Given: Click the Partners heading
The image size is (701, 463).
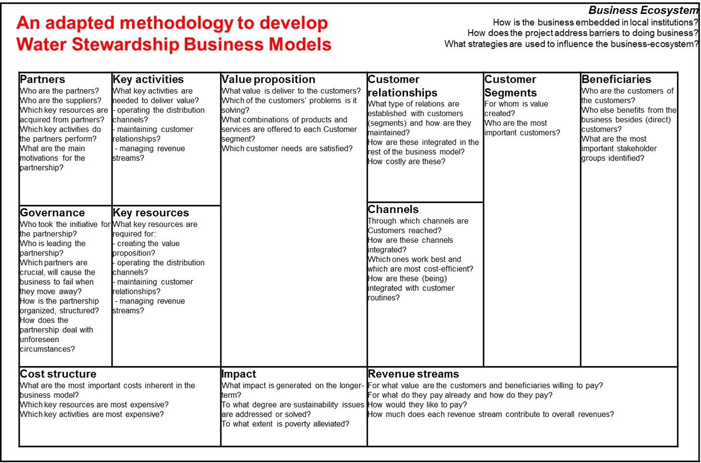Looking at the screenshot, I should click(42, 79).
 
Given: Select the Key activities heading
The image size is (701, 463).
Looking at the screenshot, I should click(148, 79).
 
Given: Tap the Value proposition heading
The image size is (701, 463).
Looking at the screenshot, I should click(268, 79).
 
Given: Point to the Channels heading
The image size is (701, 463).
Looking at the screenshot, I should click(393, 210).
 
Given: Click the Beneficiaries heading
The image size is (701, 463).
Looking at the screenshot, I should click(616, 79).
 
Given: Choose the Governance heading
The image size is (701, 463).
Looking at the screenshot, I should click(52, 213).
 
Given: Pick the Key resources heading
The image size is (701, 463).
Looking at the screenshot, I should click(150, 213).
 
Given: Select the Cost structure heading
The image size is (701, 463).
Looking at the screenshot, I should click(58, 374).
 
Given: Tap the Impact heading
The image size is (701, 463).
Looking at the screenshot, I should click(239, 374).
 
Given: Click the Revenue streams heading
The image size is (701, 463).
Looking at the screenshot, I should click(413, 374).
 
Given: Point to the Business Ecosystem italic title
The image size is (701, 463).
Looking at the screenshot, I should click(643, 11).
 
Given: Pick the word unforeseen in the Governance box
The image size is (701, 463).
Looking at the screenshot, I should click(39, 340).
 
